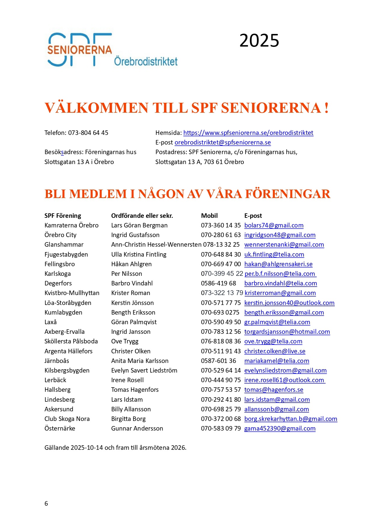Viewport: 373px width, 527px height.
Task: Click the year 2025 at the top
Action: pos(259,41)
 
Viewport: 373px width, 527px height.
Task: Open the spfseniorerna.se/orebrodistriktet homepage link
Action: pos(248,133)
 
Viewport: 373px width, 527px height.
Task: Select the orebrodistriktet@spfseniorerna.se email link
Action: pos(222,142)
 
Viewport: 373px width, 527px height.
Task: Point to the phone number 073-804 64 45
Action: pos(88,133)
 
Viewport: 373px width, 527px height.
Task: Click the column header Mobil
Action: pos(209,216)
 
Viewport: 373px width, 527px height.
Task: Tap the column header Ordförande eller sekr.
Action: pos(142,216)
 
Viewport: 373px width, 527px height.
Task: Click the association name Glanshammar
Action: pos(64,245)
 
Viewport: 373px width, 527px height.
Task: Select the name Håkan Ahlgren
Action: pos(131,264)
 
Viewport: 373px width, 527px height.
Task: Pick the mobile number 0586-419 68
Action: pos(219,283)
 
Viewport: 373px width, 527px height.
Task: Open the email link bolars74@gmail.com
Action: pos(274,225)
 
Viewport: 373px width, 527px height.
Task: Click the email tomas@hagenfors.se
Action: pos(274,390)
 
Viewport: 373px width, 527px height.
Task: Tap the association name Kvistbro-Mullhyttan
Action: pos(72,293)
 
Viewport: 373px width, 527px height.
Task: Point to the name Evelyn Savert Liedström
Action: pos(144,370)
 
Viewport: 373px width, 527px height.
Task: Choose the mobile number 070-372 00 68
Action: pos(221,419)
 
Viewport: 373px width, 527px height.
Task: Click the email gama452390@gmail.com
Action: pos(280,428)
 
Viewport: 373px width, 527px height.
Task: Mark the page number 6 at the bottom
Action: pos(46,504)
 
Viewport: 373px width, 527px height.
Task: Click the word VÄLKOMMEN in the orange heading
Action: pos(96,108)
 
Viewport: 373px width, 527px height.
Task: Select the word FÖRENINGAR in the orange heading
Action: pos(288,194)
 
